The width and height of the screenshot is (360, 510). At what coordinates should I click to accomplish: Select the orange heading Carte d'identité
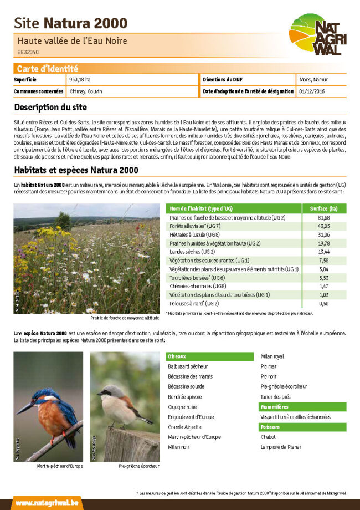click(x=47, y=69)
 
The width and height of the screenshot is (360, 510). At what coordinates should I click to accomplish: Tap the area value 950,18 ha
click(x=80, y=80)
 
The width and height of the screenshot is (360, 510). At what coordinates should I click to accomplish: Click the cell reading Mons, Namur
click(x=313, y=80)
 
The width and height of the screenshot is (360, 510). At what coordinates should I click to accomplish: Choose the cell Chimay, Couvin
click(x=86, y=91)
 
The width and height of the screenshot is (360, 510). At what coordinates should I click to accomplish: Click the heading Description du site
click(x=50, y=107)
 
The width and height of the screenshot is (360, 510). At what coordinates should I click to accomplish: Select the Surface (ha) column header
click(x=324, y=208)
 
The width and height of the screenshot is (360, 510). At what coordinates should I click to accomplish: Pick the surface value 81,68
click(x=324, y=218)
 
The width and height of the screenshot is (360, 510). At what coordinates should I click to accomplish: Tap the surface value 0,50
click(x=324, y=304)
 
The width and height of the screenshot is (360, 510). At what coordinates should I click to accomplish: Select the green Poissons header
click(x=272, y=427)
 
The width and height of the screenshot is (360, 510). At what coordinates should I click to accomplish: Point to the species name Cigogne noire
click(x=182, y=407)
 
